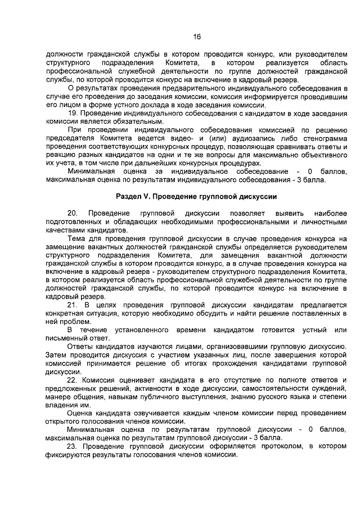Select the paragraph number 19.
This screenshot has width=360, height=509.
coord(72,113)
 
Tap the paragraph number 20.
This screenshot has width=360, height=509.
coord(72,214)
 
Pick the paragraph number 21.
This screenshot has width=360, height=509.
coord(72,304)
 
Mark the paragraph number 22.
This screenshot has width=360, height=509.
coord(72,380)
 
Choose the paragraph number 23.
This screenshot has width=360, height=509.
coord(72,447)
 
